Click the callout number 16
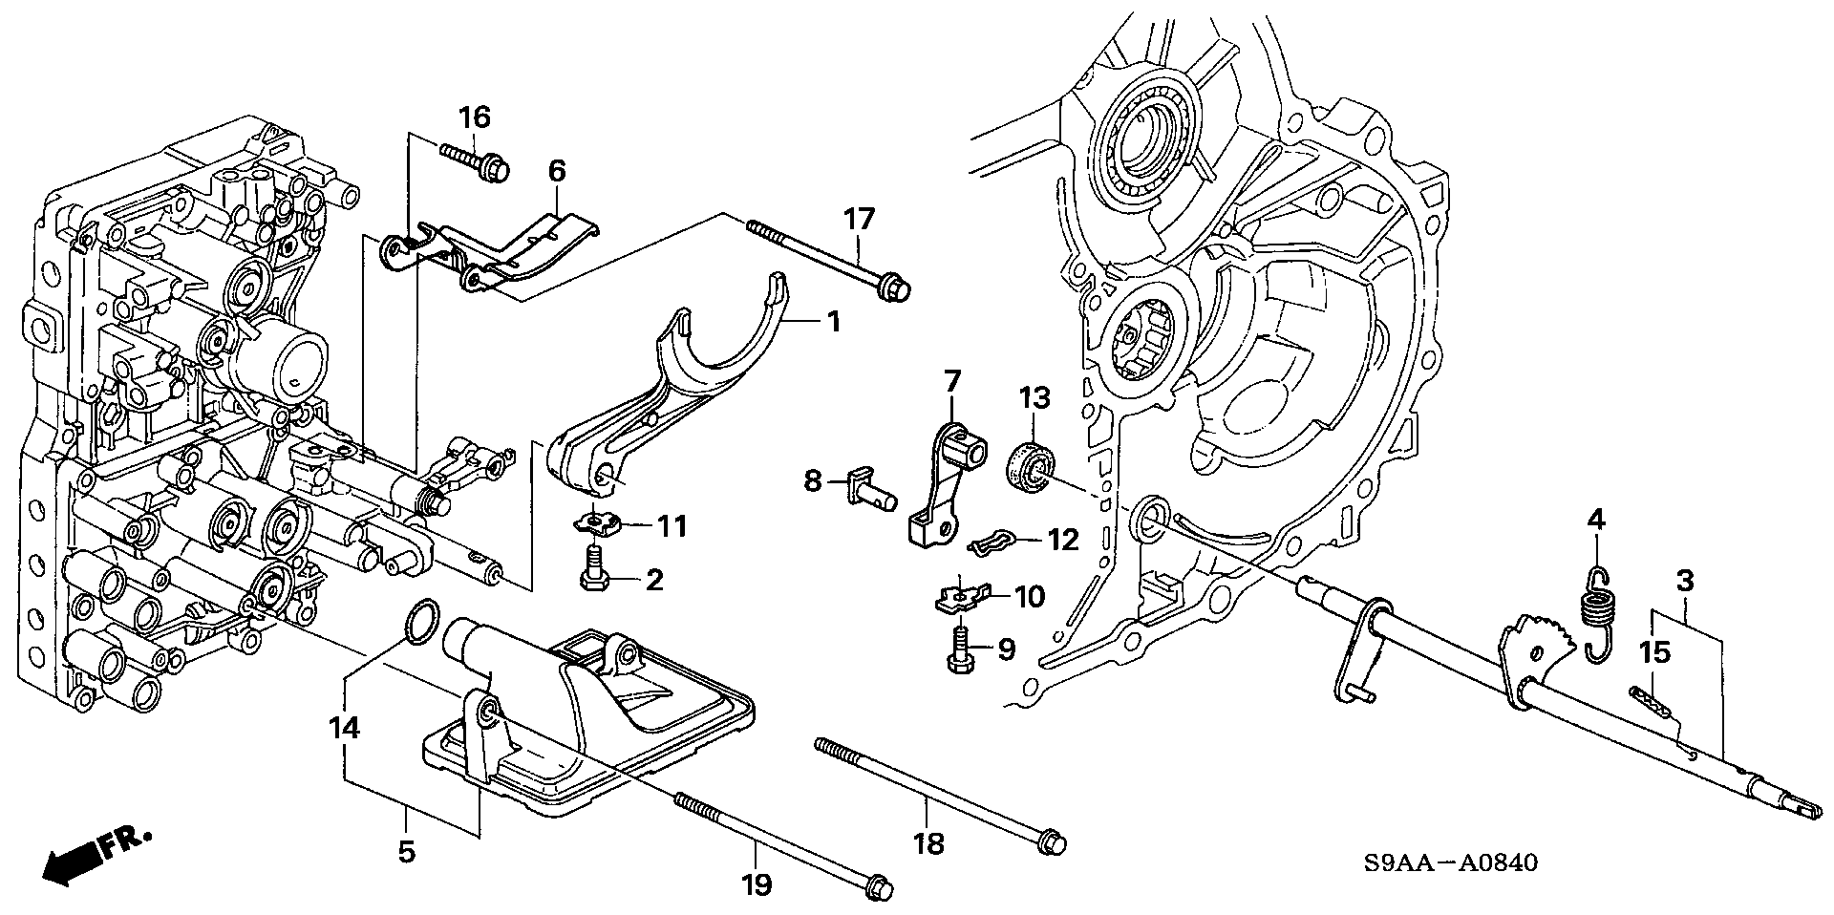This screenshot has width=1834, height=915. click(474, 118)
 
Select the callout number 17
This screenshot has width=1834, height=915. click(858, 220)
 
